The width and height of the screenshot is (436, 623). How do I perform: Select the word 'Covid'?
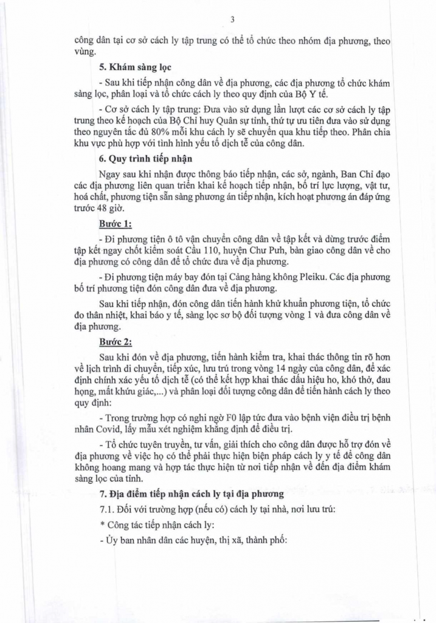106,430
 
